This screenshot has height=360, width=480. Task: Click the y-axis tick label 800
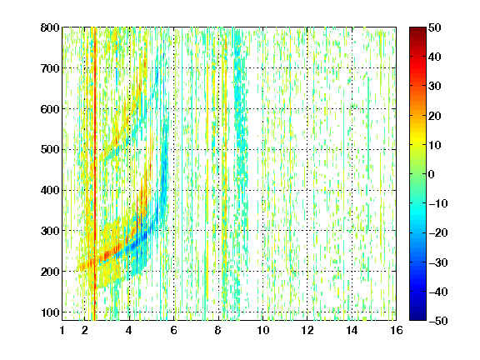point(50,27)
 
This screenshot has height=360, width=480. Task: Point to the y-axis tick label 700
point(50,68)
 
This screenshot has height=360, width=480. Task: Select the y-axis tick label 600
point(50,109)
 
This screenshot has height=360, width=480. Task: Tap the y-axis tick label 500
point(50,150)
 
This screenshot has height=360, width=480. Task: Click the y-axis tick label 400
point(50,191)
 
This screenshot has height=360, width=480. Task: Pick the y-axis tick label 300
point(50,231)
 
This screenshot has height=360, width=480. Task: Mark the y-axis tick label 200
point(50,272)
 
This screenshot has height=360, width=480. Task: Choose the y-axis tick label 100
point(50,312)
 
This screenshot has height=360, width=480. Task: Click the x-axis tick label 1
point(62,330)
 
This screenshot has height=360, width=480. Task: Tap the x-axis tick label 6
point(174,330)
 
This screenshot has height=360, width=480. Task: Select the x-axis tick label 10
point(263,330)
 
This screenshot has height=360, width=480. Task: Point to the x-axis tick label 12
point(307,330)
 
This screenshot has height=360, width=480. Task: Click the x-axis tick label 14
point(352,330)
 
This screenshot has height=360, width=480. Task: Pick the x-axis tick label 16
point(397,330)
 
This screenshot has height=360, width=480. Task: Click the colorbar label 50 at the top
point(435,27)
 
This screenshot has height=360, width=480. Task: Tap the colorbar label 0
point(432,174)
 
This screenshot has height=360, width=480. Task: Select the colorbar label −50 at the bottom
point(438,321)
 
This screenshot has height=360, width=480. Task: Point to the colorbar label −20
point(438,233)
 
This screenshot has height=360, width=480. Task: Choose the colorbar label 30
point(435,87)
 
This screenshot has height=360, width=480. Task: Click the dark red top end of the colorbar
point(417,30)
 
